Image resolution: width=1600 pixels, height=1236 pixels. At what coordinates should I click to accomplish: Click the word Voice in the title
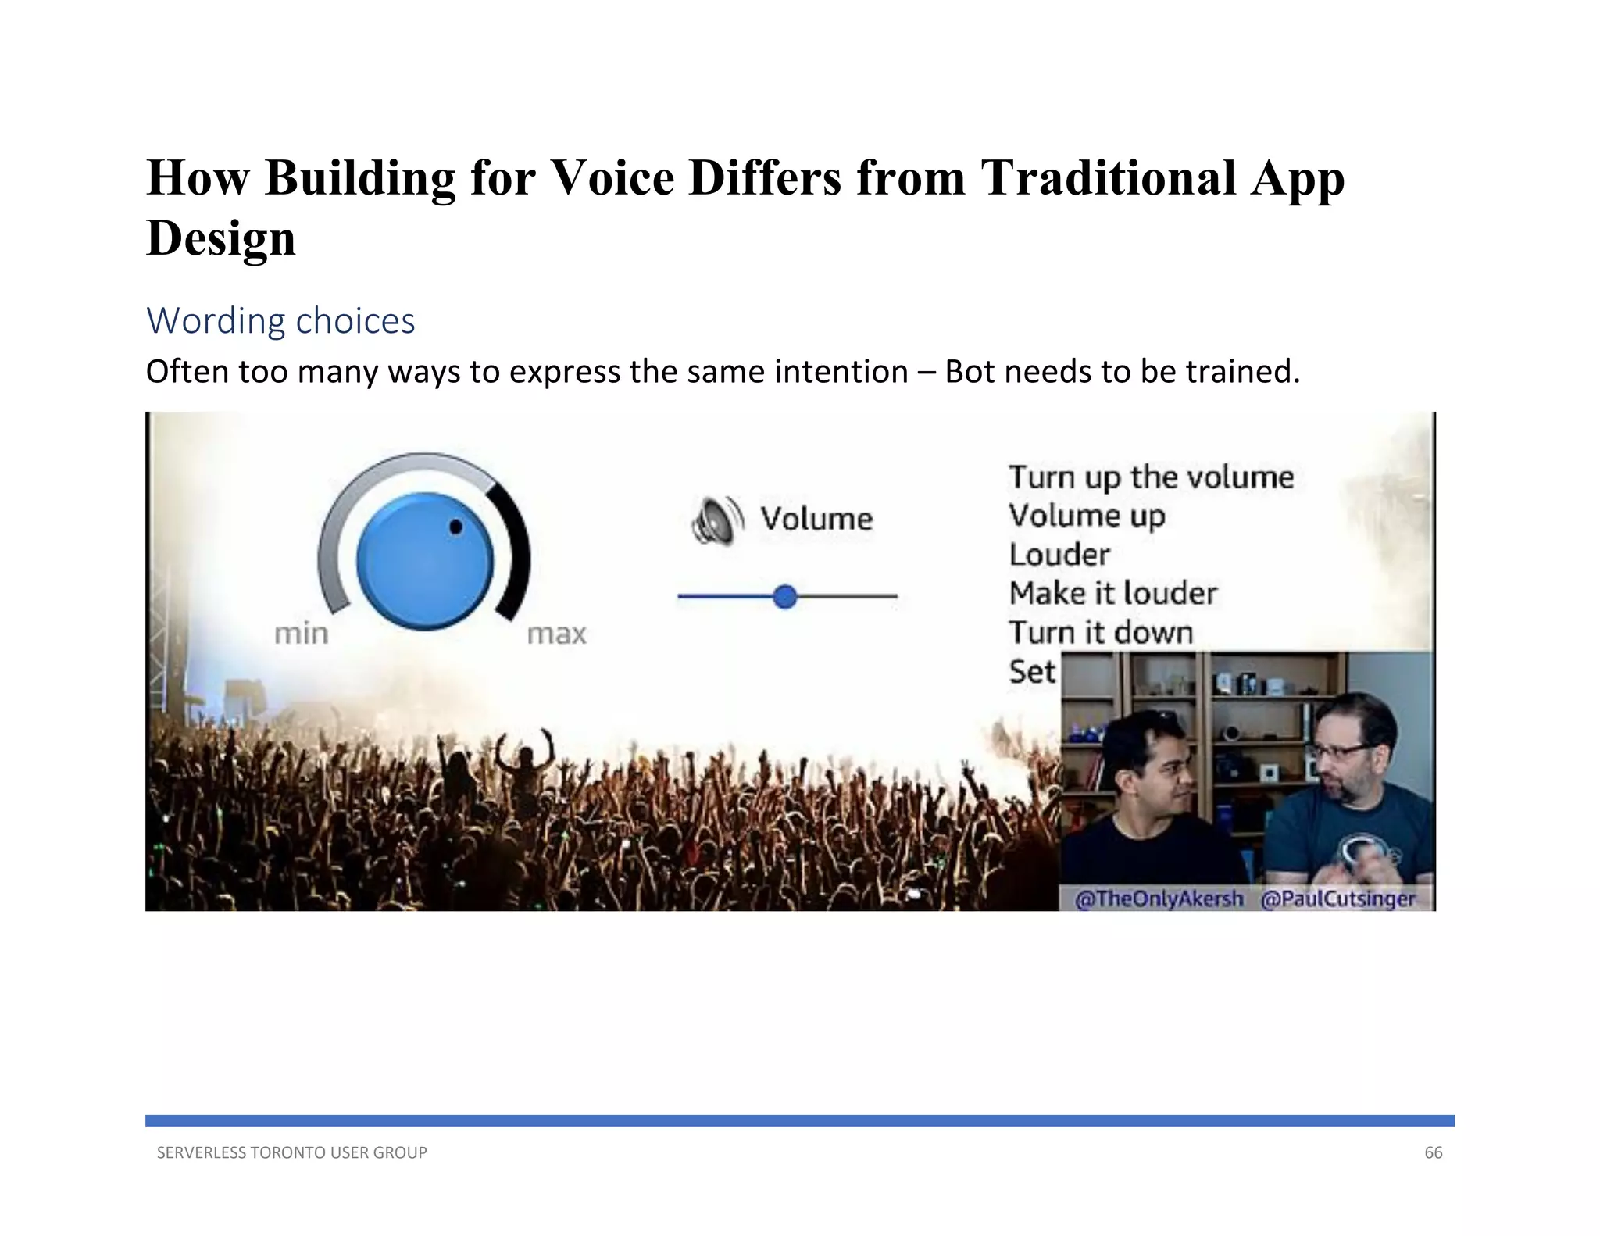coord(612,177)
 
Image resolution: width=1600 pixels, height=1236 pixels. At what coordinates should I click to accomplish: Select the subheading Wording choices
coord(280,321)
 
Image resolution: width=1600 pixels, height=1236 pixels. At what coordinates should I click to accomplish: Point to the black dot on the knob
coord(455,527)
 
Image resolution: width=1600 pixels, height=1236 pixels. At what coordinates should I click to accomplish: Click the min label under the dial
coord(302,634)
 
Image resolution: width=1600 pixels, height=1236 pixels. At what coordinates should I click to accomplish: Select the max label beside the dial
coord(556,634)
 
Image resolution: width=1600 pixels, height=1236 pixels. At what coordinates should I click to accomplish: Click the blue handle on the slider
coord(784,597)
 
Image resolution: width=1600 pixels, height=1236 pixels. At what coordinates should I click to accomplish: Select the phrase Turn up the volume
coord(1151,477)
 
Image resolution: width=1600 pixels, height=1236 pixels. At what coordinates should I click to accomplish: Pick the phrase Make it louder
coord(1112,594)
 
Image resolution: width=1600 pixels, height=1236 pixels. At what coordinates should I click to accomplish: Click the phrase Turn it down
coord(1101,633)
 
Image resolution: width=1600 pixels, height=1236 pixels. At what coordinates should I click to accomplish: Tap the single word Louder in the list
coord(1059,555)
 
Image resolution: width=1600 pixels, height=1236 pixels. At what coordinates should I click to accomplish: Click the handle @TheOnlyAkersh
coord(1159,898)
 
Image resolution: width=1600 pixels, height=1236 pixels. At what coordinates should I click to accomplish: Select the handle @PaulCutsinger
coord(1337,898)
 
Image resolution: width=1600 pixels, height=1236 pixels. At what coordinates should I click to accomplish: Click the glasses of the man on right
coord(1337,752)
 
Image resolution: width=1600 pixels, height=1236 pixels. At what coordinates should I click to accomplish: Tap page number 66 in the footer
coord(1433,1152)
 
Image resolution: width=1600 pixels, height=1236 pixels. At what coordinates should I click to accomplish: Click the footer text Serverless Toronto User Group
coord(291,1152)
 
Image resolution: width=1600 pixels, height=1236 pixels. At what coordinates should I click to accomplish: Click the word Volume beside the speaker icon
coord(816,519)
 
